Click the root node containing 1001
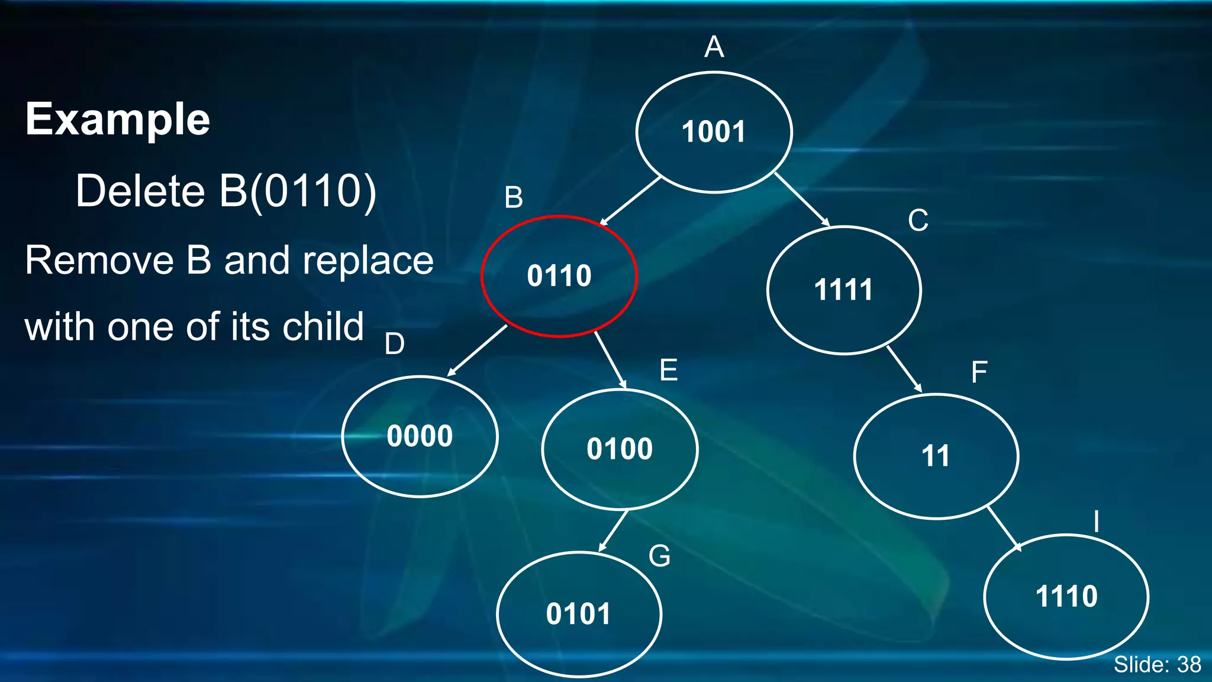click(x=714, y=132)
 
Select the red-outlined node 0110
click(x=559, y=276)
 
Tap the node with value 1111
click(x=844, y=290)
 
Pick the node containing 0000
click(x=420, y=436)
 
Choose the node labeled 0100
click(x=620, y=449)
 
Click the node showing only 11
click(x=936, y=456)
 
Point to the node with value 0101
click(x=579, y=614)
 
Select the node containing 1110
click(x=1066, y=596)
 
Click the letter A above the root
click(x=714, y=47)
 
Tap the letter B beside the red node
click(x=514, y=197)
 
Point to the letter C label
click(x=918, y=221)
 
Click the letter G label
click(x=659, y=556)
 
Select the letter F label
click(x=979, y=372)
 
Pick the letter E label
click(x=668, y=371)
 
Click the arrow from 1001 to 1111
click(x=802, y=200)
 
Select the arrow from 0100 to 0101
click(x=613, y=531)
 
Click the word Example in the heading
click(x=118, y=119)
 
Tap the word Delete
click(x=140, y=191)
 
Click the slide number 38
click(x=1189, y=665)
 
